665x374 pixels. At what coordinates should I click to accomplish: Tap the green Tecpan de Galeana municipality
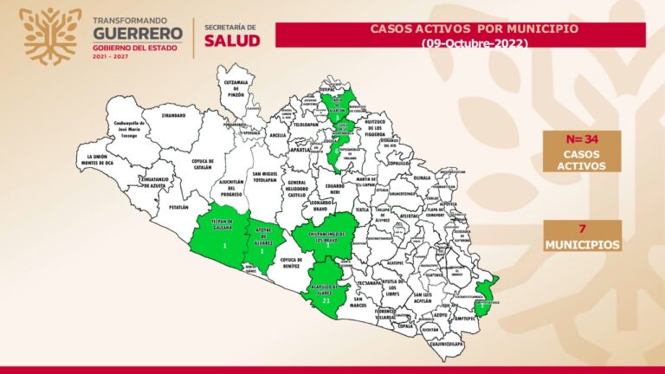tap(223, 235)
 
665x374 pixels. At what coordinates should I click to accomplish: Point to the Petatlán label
tap(178, 208)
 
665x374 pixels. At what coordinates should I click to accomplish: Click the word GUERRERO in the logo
tap(138, 34)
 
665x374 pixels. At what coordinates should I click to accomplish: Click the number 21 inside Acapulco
tap(326, 302)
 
